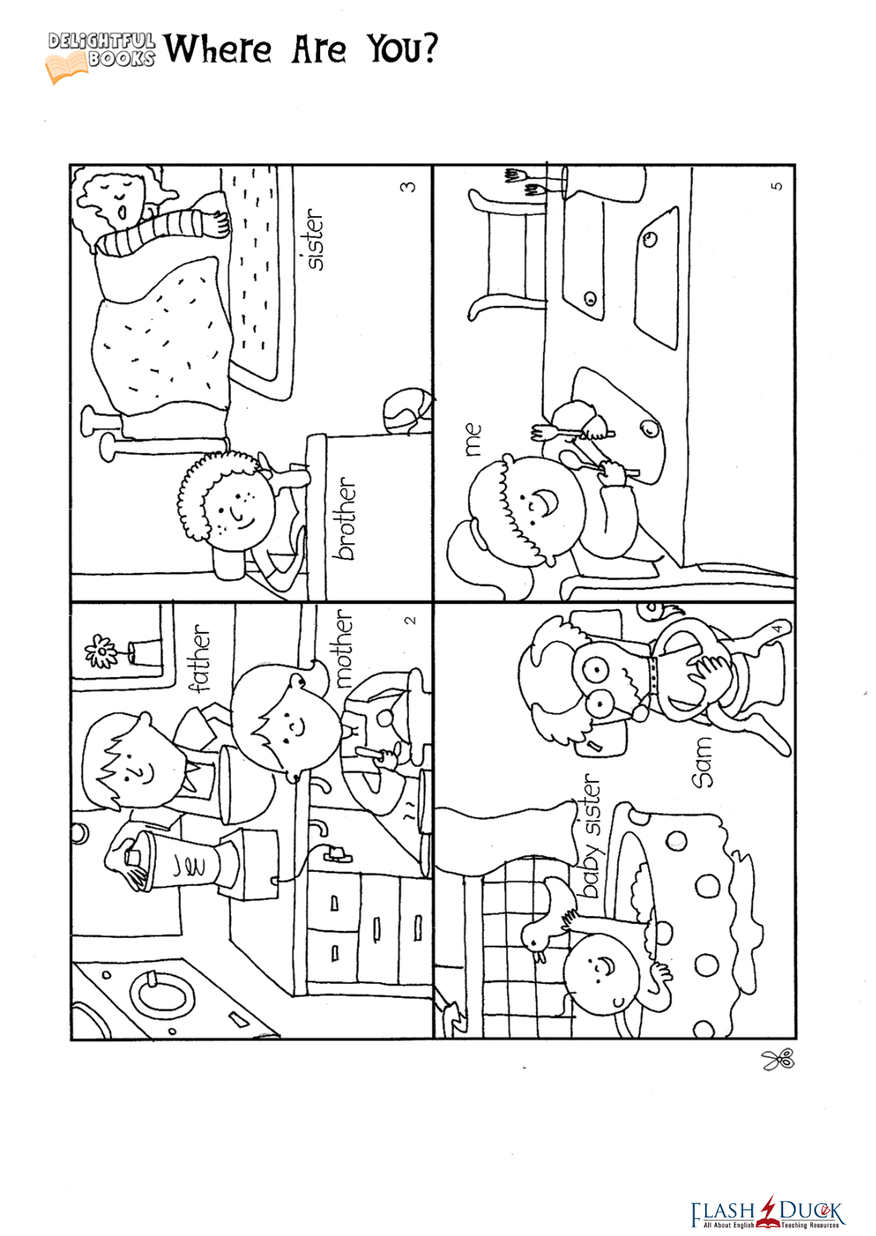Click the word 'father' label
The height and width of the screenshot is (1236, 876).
click(201, 658)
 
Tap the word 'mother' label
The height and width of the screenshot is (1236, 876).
click(344, 648)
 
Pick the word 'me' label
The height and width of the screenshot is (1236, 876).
click(473, 439)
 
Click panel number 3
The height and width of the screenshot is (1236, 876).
click(408, 187)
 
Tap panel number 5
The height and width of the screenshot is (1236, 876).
click(776, 186)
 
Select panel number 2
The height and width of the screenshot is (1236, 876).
click(410, 621)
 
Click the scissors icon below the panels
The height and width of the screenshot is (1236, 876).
click(778, 1059)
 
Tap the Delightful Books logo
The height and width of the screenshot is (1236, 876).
click(100, 56)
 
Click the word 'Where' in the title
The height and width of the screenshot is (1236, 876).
click(218, 49)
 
